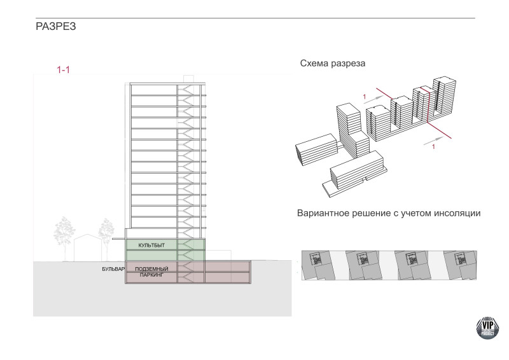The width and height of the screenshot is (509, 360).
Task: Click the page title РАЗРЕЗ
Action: click(x=56, y=28)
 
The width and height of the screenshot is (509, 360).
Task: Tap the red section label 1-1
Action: click(x=63, y=69)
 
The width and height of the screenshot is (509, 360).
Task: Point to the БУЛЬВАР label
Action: click(x=112, y=269)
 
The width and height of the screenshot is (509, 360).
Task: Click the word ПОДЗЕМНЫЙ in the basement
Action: click(x=151, y=269)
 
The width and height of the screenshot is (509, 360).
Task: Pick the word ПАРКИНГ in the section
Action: click(x=151, y=275)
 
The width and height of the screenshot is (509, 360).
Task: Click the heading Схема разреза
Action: click(x=336, y=64)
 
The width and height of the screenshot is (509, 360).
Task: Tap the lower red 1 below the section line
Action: click(x=433, y=147)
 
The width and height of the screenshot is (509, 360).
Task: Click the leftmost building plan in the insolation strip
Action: click(x=316, y=260)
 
